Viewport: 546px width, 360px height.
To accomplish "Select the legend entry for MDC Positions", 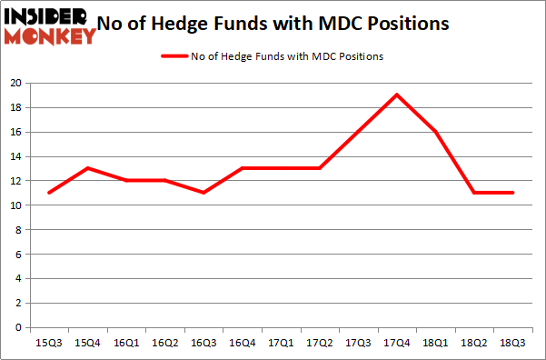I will click(272, 56).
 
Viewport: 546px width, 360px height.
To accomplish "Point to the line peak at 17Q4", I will click(397, 95).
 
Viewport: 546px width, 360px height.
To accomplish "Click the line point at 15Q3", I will click(48, 193).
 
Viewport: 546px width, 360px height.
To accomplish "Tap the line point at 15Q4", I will click(86, 168).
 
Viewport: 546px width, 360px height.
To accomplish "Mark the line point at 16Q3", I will click(203, 193).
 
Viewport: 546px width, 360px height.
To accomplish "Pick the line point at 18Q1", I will click(436, 132).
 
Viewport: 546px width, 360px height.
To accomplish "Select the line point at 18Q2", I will click(474, 193).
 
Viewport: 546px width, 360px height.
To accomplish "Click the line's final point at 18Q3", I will click(513, 193).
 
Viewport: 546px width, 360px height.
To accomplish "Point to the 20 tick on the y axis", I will click(16, 83).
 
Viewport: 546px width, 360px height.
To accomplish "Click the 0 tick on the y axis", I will click(19, 327).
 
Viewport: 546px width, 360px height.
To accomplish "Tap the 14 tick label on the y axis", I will click(16, 156).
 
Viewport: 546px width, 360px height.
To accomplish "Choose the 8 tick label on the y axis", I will click(19, 230).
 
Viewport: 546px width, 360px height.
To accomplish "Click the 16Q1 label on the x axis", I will click(125, 343).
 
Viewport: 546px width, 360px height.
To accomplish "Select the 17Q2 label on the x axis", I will click(319, 343).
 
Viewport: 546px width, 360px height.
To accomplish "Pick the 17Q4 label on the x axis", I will click(397, 343).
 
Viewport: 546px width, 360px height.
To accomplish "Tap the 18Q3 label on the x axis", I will click(513, 343).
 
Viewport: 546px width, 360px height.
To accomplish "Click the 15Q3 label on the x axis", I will click(48, 343).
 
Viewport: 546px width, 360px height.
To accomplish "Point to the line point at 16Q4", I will click(242, 168).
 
